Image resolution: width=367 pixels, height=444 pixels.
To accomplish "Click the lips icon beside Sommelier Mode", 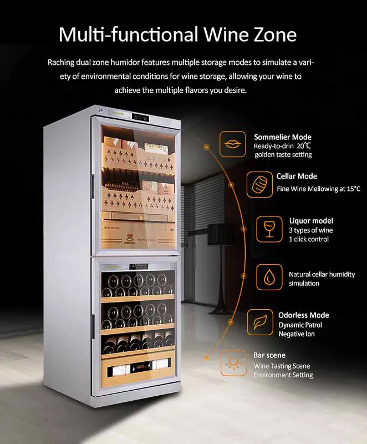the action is pyautogui.click(x=233, y=144).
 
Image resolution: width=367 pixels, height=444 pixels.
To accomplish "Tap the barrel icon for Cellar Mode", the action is pyautogui.click(x=259, y=185).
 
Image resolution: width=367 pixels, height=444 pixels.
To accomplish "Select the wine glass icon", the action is pyautogui.click(x=269, y=229).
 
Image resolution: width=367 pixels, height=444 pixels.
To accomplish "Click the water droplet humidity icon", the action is pyautogui.click(x=269, y=277).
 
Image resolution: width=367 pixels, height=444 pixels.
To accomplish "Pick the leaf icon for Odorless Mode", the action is pyautogui.click(x=260, y=322).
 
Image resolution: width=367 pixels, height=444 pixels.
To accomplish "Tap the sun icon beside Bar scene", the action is pyautogui.click(x=233, y=363).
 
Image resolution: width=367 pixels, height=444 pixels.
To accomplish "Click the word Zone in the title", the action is pyautogui.click(x=272, y=34).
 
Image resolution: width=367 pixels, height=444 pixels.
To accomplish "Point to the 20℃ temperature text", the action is pyautogui.click(x=304, y=146).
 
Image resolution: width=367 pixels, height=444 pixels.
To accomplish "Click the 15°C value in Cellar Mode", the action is pyautogui.click(x=354, y=189).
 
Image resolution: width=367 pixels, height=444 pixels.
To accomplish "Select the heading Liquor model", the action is pyautogui.click(x=311, y=220).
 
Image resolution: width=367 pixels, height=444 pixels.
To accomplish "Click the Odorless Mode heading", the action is pyautogui.click(x=304, y=315).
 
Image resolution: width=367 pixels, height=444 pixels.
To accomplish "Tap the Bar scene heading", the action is pyautogui.click(x=269, y=355).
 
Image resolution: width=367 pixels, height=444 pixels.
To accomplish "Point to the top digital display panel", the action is pyautogui.click(x=140, y=117).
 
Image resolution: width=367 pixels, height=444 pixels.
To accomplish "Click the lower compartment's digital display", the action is pyautogui.click(x=139, y=266).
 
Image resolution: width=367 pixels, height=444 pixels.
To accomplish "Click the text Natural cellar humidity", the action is pyautogui.click(x=322, y=274).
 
